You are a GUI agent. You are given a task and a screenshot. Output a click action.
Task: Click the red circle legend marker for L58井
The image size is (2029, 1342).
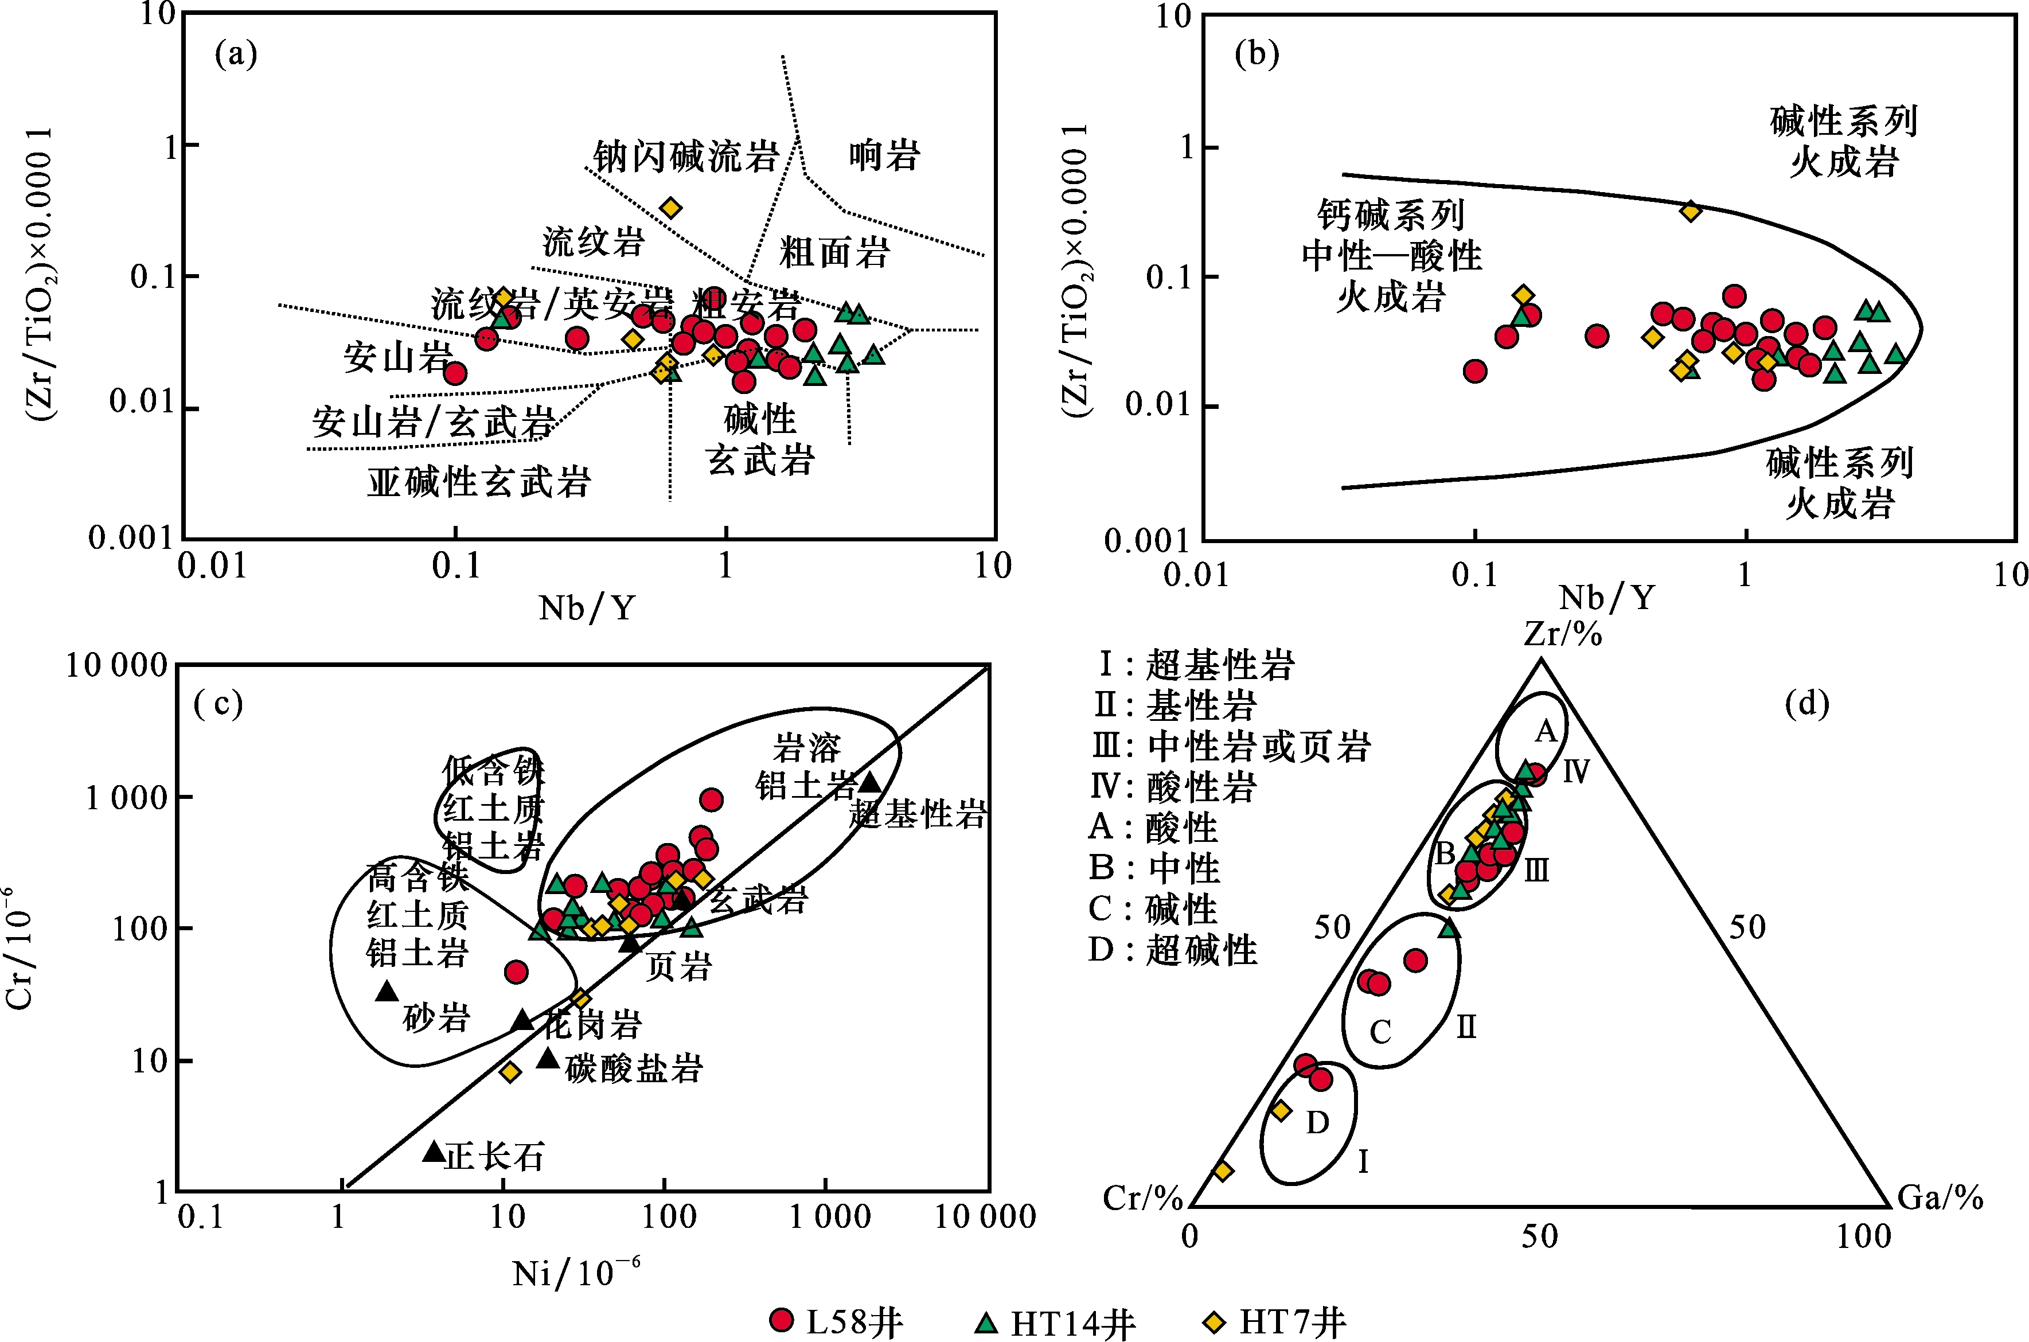click(x=781, y=1320)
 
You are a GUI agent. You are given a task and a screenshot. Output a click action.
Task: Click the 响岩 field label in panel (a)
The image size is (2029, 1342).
click(x=884, y=156)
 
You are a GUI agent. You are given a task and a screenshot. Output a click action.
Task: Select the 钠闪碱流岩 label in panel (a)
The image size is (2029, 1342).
click(x=685, y=157)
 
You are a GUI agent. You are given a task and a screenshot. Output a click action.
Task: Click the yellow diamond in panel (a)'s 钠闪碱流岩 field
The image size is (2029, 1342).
click(x=671, y=208)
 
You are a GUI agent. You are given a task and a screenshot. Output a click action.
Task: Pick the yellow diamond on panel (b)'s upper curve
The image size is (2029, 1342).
click(x=1690, y=210)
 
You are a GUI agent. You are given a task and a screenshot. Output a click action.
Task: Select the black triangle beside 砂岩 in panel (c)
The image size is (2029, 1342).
click(x=387, y=991)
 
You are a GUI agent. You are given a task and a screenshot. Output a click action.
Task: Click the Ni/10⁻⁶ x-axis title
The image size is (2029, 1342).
click(x=575, y=1273)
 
